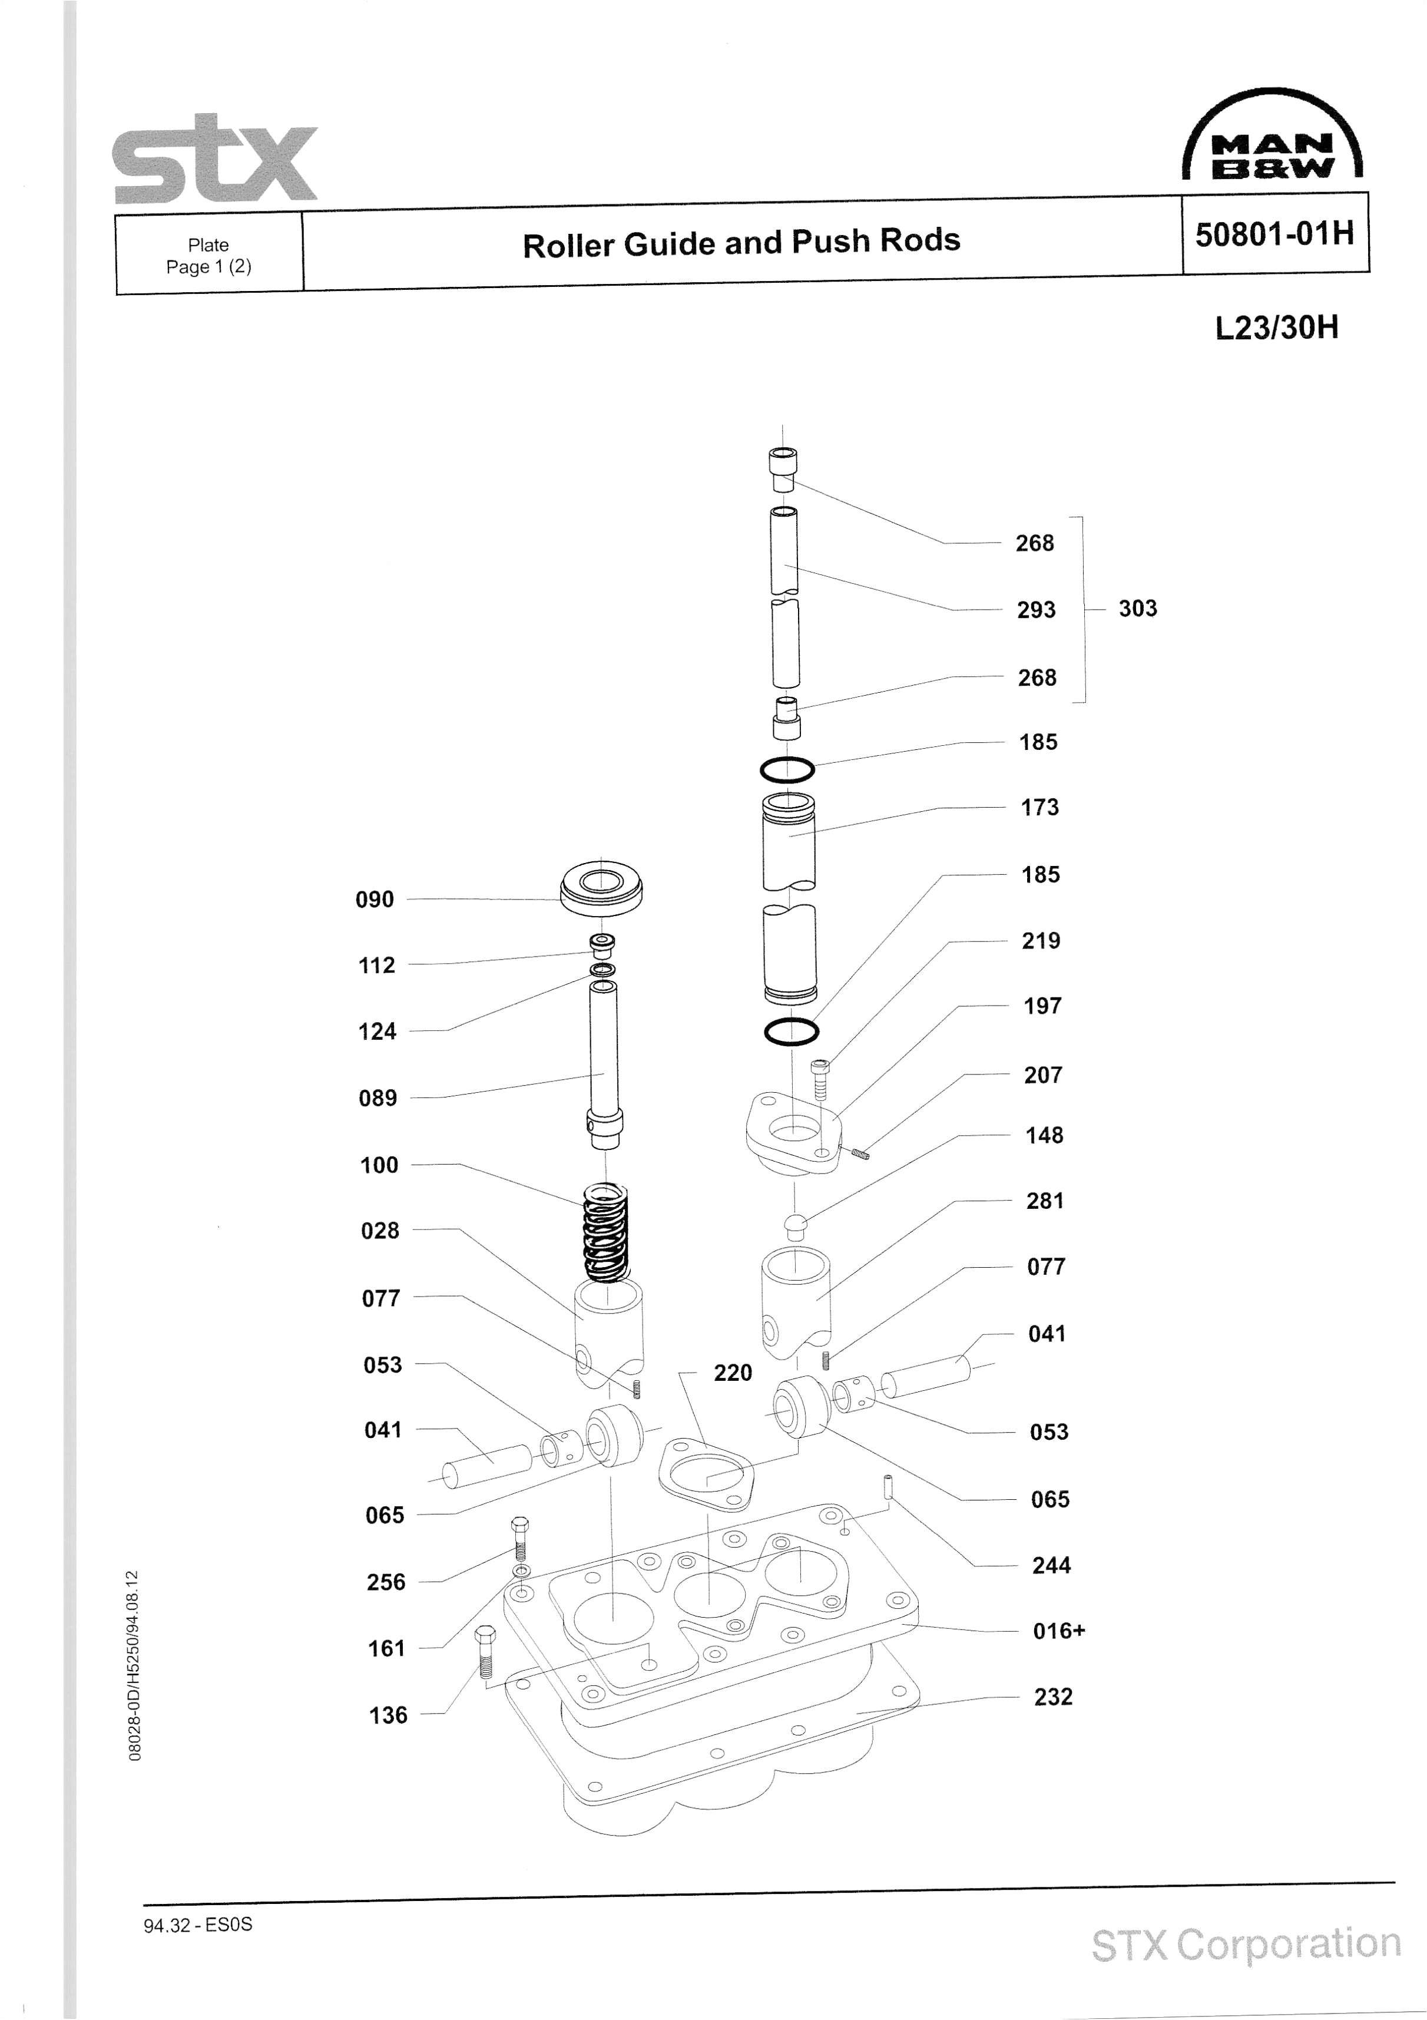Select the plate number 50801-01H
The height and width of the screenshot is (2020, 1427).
1274,234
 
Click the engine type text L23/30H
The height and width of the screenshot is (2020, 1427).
1277,328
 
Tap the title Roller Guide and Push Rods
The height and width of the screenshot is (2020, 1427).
741,243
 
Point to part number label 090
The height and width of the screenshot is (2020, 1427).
375,899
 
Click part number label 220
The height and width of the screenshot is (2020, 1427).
732,1373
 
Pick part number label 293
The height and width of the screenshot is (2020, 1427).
1035,610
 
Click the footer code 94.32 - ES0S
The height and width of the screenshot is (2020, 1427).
198,1924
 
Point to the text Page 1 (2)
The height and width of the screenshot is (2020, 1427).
208,267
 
